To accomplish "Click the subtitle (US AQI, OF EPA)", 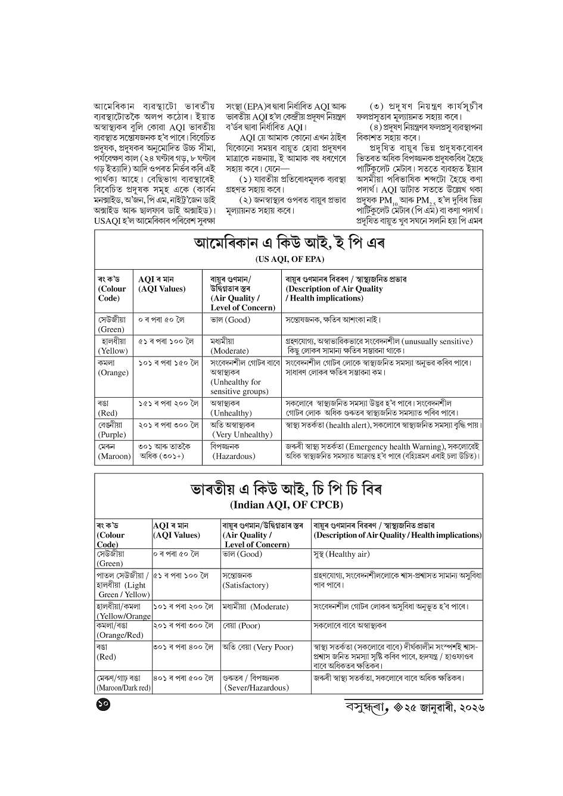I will tap(289, 259).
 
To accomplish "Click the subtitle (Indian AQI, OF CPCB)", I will tap(287, 505).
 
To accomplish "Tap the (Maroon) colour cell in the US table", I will tap(114, 451).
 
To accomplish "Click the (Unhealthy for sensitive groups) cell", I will tap(244, 377).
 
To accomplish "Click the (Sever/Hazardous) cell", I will tap(256, 683).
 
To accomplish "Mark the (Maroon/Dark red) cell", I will tap(123, 683).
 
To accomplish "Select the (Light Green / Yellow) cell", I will tap(123, 585).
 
